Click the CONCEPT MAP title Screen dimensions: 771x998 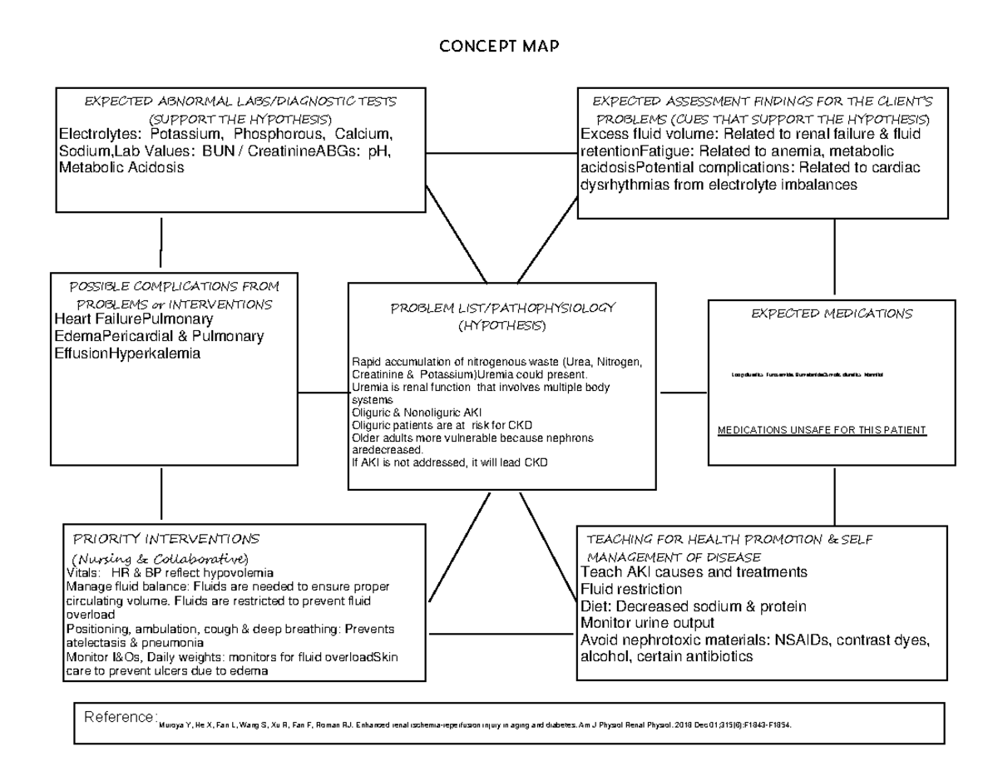pyautogui.click(x=499, y=47)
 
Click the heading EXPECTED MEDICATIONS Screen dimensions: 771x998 pyautogui.click(x=832, y=314)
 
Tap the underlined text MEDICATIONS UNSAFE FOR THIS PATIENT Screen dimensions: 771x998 pyautogui.click(x=821, y=430)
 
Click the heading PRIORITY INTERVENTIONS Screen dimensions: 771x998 pyautogui.click(x=166, y=539)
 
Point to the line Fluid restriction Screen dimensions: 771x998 pyautogui.click(x=631, y=589)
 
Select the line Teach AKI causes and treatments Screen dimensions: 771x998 pyautogui.click(x=694, y=572)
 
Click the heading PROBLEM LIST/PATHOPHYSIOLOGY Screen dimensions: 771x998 pyautogui.click(x=502, y=308)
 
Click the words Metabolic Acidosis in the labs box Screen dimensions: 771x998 pyautogui.click(x=121, y=168)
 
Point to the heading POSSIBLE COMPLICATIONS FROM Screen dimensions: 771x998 pyautogui.click(x=173, y=286)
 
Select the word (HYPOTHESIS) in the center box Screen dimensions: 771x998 pyautogui.click(x=502, y=325)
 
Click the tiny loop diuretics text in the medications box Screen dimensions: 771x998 pyautogui.click(x=807, y=376)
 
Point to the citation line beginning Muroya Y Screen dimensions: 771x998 pyautogui.click(x=474, y=725)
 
